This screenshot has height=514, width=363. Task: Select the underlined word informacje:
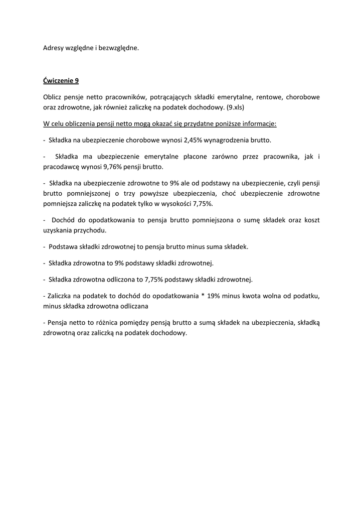(253, 123)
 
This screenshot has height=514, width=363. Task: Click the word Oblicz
(52, 97)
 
